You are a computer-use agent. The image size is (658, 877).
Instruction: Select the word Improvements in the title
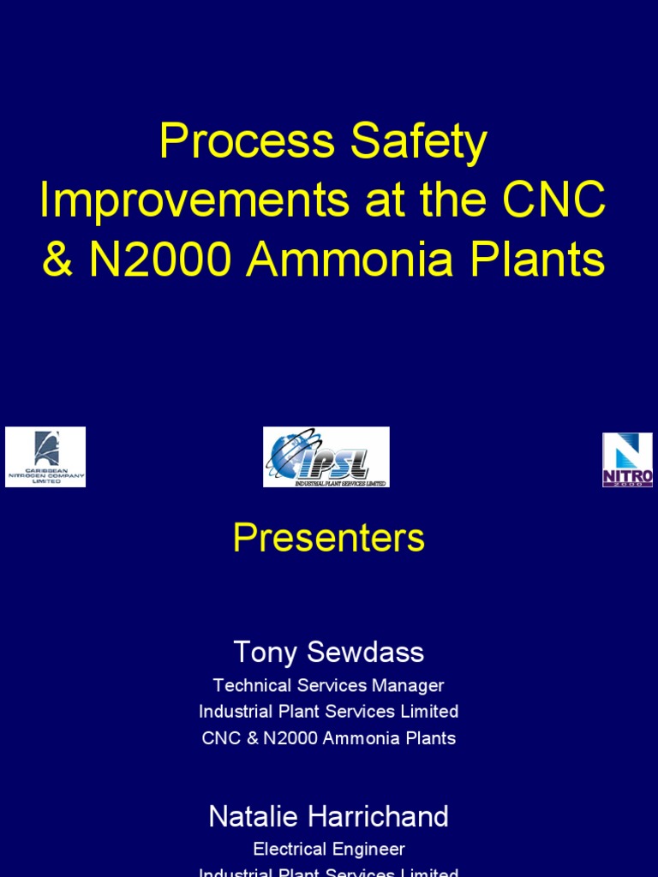(x=194, y=201)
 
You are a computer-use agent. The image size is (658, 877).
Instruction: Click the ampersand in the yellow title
(x=57, y=260)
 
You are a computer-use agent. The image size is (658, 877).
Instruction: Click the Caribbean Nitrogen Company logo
(x=45, y=457)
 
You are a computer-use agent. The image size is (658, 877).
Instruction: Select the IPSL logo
(x=326, y=457)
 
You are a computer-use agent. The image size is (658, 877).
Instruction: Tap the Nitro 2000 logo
(x=627, y=460)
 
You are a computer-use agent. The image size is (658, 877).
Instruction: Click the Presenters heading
(x=329, y=539)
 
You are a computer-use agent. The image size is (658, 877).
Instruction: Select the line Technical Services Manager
(x=329, y=685)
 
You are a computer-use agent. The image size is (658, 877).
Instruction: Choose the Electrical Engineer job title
(x=329, y=849)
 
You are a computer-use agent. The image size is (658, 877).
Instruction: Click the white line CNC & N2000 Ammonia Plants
(x=329, y=737)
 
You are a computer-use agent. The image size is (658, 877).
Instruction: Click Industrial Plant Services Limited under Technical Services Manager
(x=329, y=711)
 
